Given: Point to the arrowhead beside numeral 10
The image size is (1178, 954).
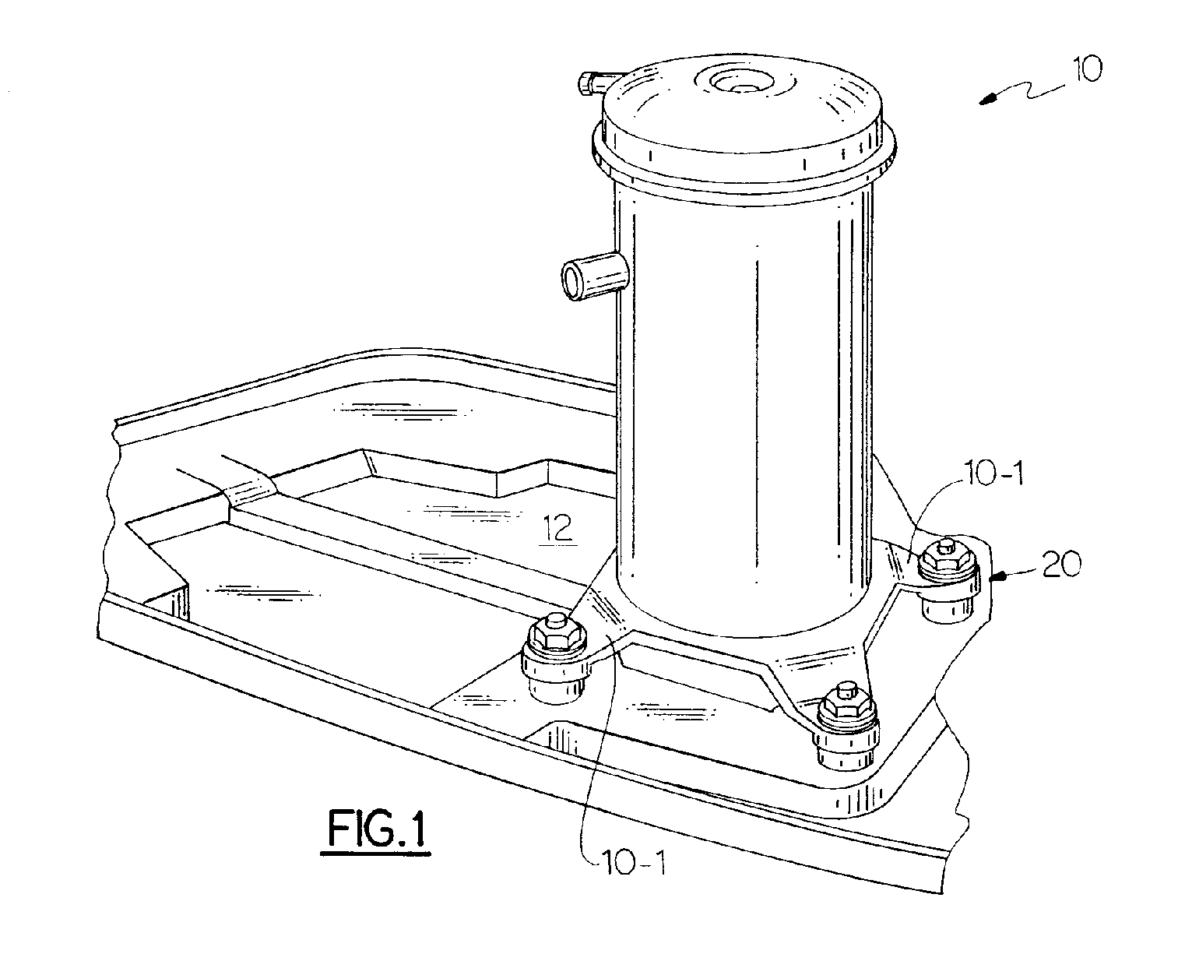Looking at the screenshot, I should click(988, 100).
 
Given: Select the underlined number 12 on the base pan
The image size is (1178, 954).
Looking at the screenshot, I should click(559, 529).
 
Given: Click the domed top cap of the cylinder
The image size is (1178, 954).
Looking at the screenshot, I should click(744, 109).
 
